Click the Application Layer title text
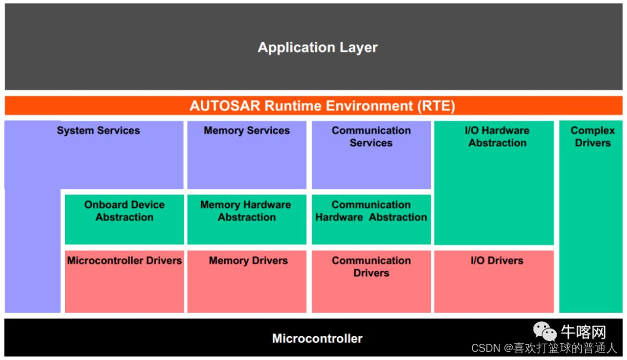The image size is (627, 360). click(x=318, y=48)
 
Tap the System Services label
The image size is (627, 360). click(x=98, y=131)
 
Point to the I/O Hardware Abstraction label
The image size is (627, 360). click(x=497, y=137)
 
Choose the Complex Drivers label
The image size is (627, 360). click(x=592, y=137)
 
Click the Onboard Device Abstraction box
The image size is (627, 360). click(x=124, y=219)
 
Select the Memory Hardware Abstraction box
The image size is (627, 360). click(x=246, y=219)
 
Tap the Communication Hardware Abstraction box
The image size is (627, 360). click(x=371, y=219)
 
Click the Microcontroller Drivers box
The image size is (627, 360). click(x=124, y=282)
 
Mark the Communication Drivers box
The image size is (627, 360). click(x=371, y=282)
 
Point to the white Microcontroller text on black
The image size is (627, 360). click(x=317, y=339)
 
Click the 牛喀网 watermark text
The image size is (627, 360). click(x=583, y=332)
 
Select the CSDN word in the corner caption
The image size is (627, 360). click(x=485, y=348)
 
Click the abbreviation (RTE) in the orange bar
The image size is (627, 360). click(x=434, y=106)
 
